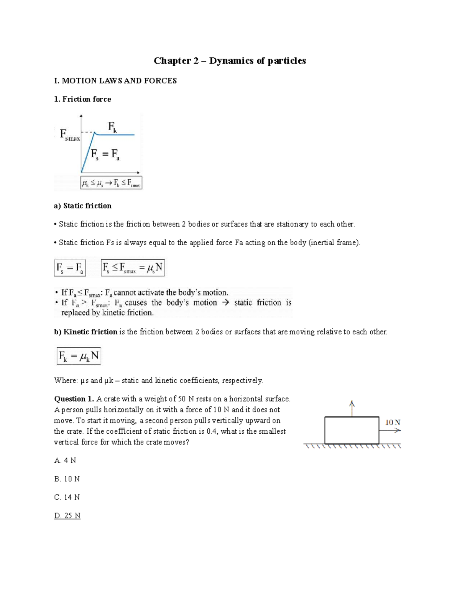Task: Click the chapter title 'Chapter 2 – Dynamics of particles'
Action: [230, 61]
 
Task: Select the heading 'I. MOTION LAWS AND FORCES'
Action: [115, 81]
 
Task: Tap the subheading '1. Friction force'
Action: [83, 99]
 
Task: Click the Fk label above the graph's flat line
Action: [112, 127]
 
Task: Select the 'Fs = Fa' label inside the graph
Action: [105, 154]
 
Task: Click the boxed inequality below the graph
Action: [111, 183]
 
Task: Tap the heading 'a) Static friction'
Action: [83, 206]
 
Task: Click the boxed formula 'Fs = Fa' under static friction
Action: [70, 268]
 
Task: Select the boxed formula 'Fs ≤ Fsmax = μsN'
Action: [133, 268]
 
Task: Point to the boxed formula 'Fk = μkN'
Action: [79, 356]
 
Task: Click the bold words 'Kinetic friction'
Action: [90, 332]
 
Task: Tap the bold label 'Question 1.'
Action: [74, 399]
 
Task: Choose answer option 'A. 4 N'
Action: [65, 461]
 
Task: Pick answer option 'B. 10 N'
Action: [67, 479]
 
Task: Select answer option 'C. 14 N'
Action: [67, 497]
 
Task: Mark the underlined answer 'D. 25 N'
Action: [67, 516]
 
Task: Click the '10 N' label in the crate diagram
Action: [393, 423]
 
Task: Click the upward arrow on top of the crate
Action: [352, 408]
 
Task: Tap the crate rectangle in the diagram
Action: [352, 430]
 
